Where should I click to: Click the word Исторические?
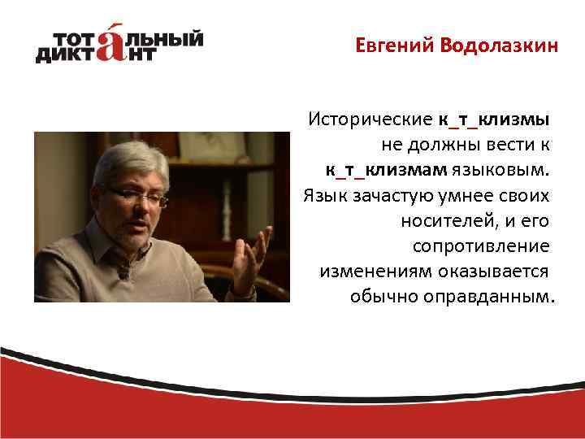point(370,120)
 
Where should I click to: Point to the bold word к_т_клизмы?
point(494,120)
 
